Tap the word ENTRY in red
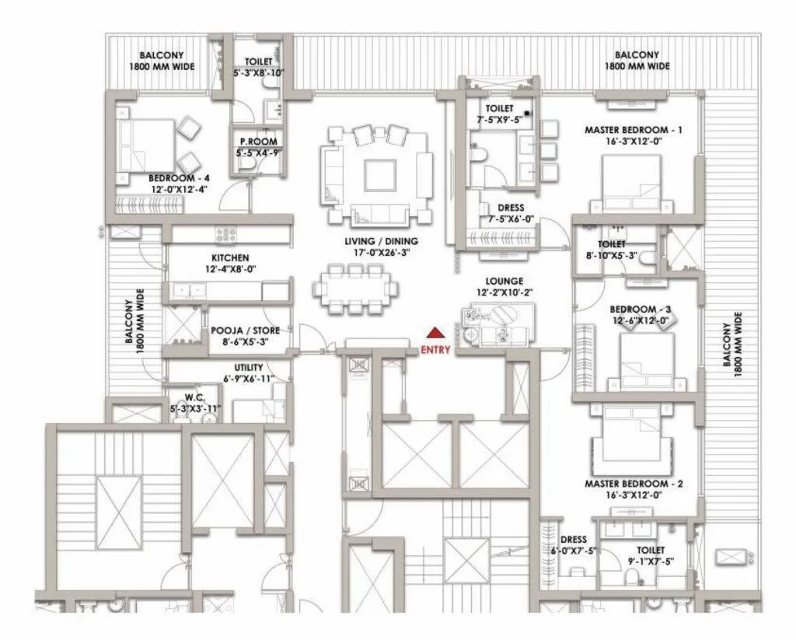[x=435, y=350]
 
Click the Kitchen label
[x=230, y=257]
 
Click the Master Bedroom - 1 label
[x=634, y=130]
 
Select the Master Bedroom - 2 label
[x=634, y=484]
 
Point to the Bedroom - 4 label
[x=180, y=177]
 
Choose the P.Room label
[x=254, y=142]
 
